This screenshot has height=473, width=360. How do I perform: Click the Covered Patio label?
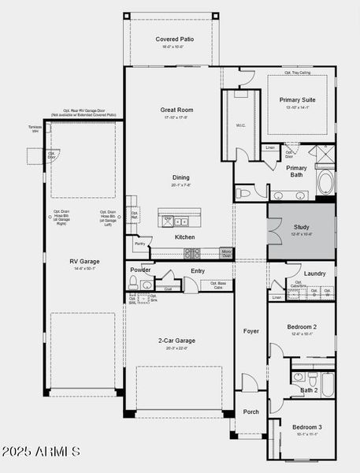(172, 39)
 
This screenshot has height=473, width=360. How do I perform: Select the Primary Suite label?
(296, 100)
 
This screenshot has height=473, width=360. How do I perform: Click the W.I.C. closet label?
(240, 125)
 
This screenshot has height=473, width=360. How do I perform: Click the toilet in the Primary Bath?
(244, 192)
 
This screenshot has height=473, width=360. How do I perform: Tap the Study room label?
(302, 227)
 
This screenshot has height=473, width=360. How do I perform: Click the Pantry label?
(139, 244)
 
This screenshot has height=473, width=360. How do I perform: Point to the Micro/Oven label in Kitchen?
(226, 253)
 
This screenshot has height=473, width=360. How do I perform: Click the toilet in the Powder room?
(135, 285)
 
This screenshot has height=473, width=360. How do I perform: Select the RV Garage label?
(84, 261)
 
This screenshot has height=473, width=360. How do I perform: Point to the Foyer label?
(251, 331)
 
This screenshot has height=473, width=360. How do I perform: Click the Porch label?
(251, 412)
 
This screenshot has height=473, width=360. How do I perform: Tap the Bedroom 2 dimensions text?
(302, 333)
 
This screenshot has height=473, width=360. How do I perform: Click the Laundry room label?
(315, 274)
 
